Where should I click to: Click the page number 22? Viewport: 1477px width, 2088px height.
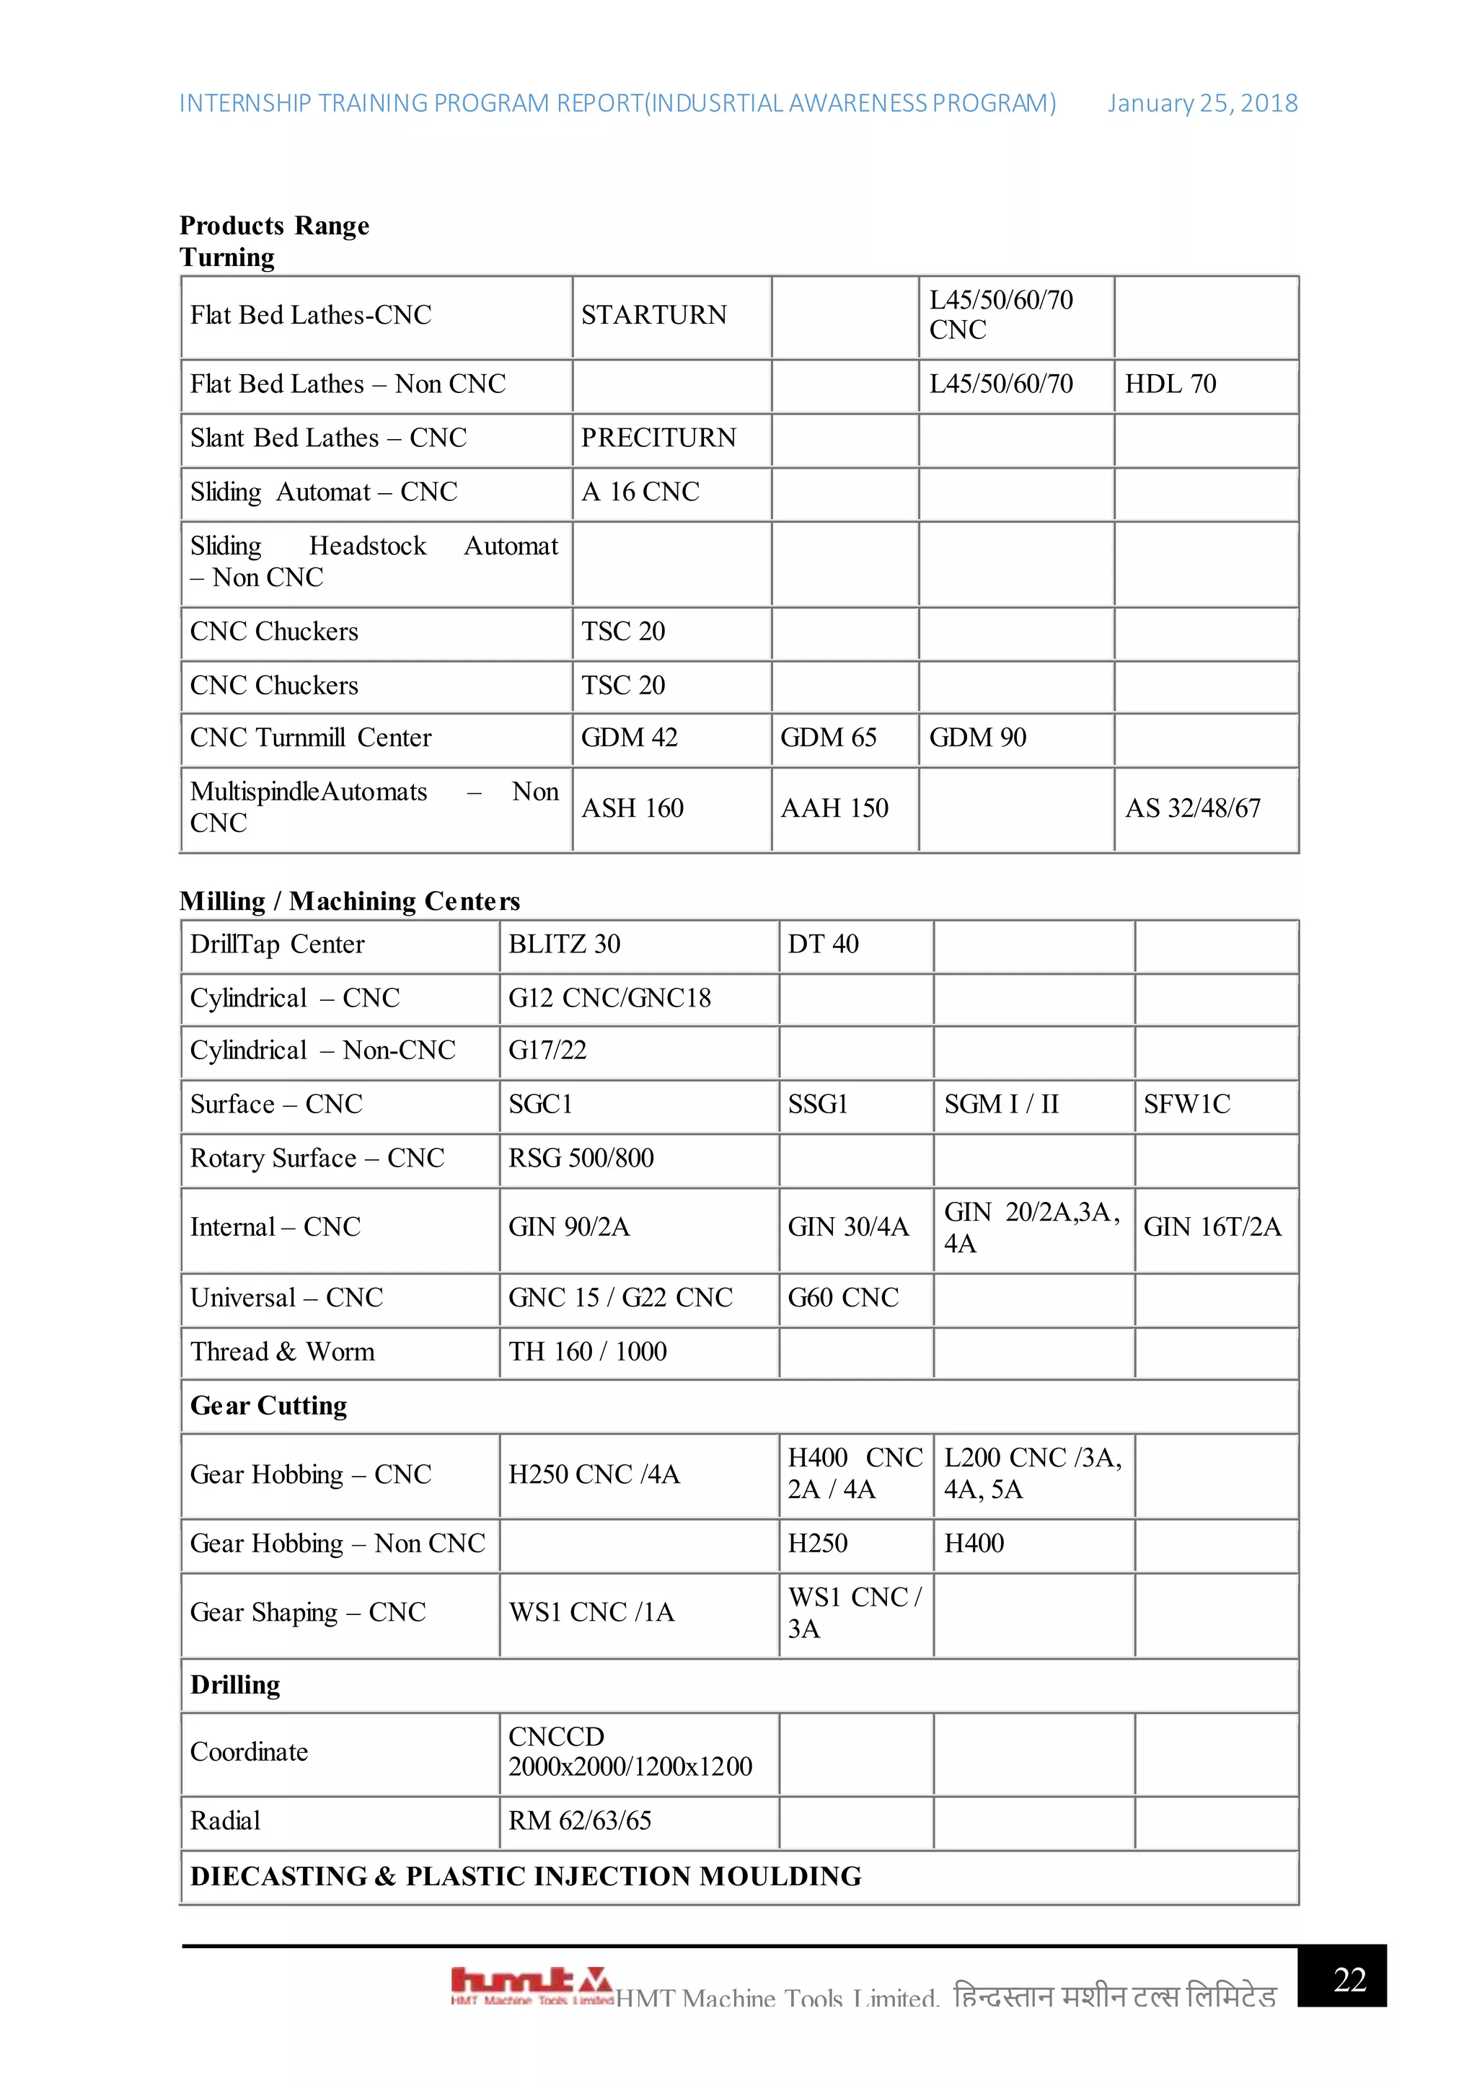pyautogui.click(x=1349, y=1980)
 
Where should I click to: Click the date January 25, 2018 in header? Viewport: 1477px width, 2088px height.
pyautogui.click(x=1202, y=104)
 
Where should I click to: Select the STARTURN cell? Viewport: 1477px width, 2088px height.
pyautogui.click(x=654, y=316)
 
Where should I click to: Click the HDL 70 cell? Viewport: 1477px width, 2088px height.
pyautogui.click(x=1170, y=384)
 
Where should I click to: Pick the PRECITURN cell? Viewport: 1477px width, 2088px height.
pyautogui.click(x=658, y=438)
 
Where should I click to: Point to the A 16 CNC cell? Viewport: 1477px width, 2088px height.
pyautogui.click(x=640, y=492)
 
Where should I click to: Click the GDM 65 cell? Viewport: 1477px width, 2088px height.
pyautogui.click(x=828, y=738)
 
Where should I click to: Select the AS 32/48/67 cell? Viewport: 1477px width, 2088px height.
pyautogui.click(x=1192, y=808)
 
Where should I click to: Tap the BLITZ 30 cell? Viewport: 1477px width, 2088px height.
pyautogui.click(x=564, y=944)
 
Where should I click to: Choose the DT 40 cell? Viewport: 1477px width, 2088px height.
pyautogui.click(x=822, y=944)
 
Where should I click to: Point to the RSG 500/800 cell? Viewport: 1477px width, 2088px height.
pyautogui.click(x=581, y=1158)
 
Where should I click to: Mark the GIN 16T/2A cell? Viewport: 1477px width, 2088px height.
pyautogui.click(x=1212, y=1228)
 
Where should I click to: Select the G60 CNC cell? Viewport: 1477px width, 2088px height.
pyautogui.click(x=842, y=1298)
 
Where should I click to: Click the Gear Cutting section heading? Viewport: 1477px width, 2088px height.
pyautogui.click(x=268, y=1406)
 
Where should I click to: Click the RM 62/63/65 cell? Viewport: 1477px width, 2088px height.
pyautogui.click(x=579, y=1821)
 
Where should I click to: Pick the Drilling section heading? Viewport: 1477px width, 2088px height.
pyautogui.click(x=234, y=1685)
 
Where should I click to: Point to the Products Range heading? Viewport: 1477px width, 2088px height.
pyautogui.click(x=274, y=226)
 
